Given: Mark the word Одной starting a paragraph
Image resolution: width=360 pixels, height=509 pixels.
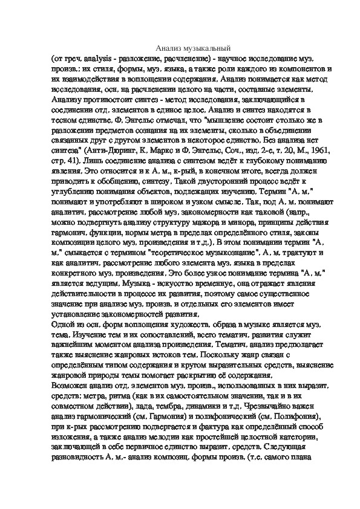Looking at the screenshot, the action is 62,326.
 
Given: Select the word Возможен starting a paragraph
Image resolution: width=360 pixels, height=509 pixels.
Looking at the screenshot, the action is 70,384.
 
